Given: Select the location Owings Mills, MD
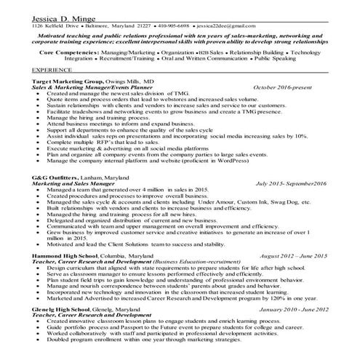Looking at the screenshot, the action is point(132,82).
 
